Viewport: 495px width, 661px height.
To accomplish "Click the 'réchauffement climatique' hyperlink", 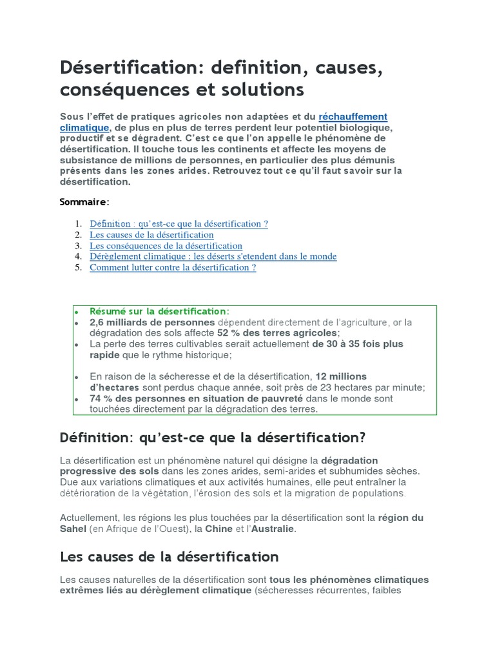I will [353, 117].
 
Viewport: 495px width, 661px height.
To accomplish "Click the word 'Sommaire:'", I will [84, 202].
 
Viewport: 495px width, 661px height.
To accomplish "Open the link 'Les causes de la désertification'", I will [151, 235].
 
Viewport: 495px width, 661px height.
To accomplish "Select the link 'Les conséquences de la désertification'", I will [166, 246].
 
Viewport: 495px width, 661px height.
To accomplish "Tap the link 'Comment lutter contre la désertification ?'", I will [173, 267].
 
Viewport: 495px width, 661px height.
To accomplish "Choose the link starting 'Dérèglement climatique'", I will [213, 256].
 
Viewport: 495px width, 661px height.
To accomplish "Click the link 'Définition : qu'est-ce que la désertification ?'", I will [179, 224].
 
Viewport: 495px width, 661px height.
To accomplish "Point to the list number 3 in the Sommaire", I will [78, 246].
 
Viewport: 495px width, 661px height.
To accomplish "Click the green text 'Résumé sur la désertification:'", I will [159, 311].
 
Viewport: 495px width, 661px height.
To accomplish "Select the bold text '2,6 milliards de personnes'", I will [152, 322].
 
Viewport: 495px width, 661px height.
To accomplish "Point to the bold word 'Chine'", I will [218, 529].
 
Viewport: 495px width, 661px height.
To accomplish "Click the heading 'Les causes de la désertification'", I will [169, 556].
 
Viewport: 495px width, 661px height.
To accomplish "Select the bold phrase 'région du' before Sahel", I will [401, 518].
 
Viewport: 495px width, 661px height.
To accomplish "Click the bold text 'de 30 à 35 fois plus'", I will [358, 344].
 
